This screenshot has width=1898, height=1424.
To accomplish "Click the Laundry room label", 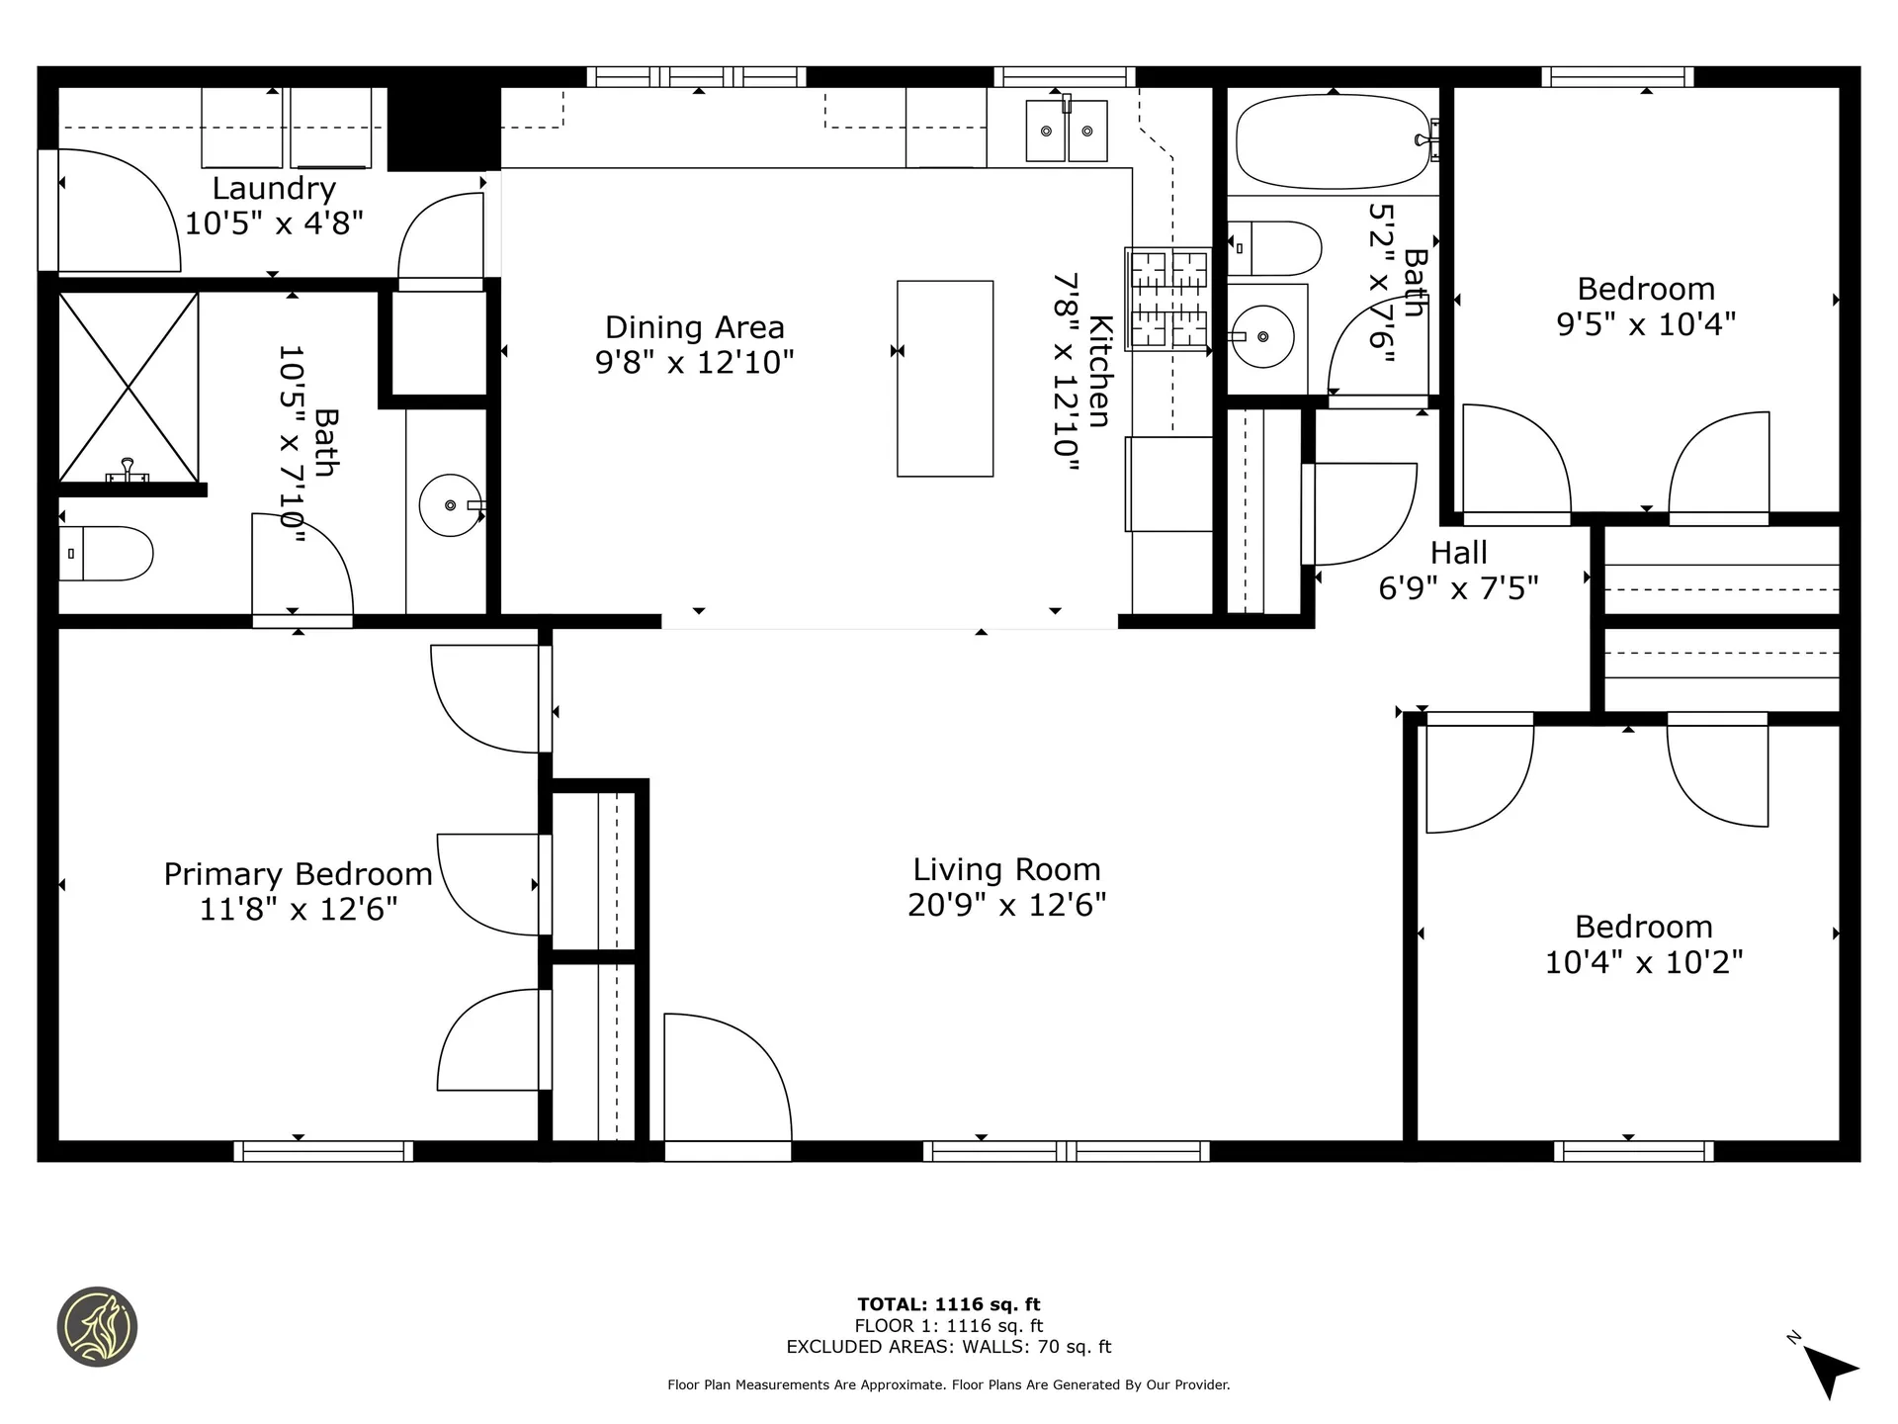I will pyautogui.click(x=274, y=188).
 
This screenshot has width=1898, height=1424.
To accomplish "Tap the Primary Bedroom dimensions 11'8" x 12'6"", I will pyautogui.click(x=299, y=909).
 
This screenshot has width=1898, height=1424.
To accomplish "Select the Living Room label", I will pyautogui.click(x=1006, y=869).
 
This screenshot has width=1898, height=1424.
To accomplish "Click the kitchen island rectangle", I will pyautogui.click(x=945, y=379).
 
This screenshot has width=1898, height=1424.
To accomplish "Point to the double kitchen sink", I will pyautogui.click(x=1067, y=131).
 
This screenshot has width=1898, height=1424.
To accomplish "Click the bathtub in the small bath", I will pyautogui.click(x=1332, y=141).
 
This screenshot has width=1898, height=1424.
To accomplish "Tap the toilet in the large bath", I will pyautogui.click(x=107, y=554).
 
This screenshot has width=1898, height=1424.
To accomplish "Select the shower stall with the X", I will pyautogui.click(x=129, y=388).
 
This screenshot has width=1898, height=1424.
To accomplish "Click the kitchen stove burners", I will pyautogui.click(x=1169, y=300).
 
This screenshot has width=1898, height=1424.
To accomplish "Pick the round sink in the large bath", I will pyautogui.click(x=451, y=505).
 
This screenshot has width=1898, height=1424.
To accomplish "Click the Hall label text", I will pyautogui.click(x=1458, y=553).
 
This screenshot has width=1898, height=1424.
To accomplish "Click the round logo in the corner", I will pyautogui.click(x=97, y=1327).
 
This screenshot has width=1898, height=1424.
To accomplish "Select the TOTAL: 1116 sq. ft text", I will pyautogui.click(x=948, y=1304).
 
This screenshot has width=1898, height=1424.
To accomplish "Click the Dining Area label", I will pyautogui.click(x=694, y=327).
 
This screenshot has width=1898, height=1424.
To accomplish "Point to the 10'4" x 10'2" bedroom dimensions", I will pyautogui.click(x=1643, y=962).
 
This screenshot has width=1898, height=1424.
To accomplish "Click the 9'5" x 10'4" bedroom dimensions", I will pyautogui.click(x=1646, y=324).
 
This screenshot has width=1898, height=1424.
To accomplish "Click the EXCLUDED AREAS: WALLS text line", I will pyautogui.click(x=948, y=1347).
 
